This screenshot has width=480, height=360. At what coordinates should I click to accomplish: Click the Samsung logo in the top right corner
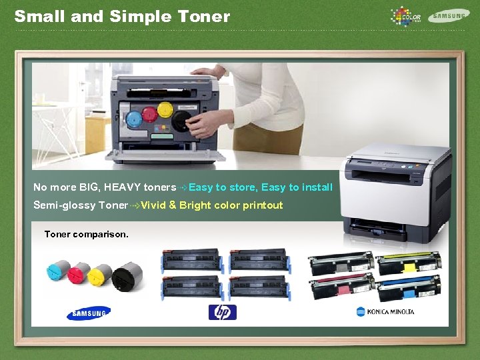[449, 15]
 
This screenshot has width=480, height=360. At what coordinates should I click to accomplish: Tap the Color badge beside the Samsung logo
[406, 15]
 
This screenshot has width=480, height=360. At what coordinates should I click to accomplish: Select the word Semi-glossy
[64, 205]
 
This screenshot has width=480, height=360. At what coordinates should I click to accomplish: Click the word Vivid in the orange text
[153, 205]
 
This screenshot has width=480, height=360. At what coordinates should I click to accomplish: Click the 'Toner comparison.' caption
[86, 234]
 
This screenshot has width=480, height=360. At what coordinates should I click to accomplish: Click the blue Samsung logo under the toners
[88, 313]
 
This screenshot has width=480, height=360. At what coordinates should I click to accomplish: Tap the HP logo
[222, 312]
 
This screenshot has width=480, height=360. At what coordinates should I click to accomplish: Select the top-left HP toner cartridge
[191, 261]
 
